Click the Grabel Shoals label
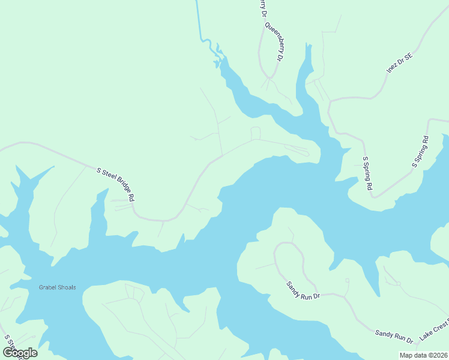58,287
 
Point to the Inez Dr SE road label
400,63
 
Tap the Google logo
20,352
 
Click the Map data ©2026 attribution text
423,355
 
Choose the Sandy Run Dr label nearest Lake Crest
394,336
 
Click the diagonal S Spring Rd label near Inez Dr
420,152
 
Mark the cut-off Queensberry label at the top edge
262,9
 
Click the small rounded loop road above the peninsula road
255,133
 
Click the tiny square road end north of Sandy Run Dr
347,280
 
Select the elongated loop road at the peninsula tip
297,149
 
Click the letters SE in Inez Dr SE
409,56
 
